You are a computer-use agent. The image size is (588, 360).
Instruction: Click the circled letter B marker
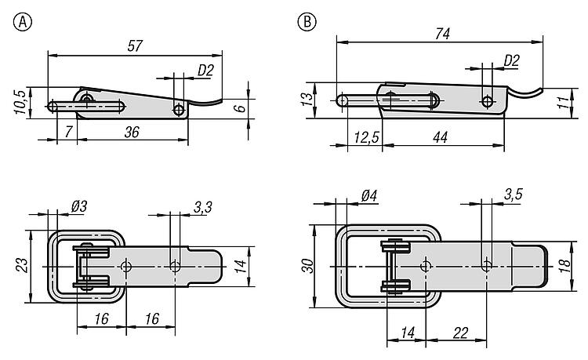click(306, 21)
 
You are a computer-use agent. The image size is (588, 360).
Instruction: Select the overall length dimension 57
click(134, 45)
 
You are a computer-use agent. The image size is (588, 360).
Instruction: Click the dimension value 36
click(132, 133)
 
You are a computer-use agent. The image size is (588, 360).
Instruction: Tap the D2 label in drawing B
click(511, 59)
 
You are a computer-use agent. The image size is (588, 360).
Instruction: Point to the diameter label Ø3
click(78, 205)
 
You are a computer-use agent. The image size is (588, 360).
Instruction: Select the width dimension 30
click(309, 265)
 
